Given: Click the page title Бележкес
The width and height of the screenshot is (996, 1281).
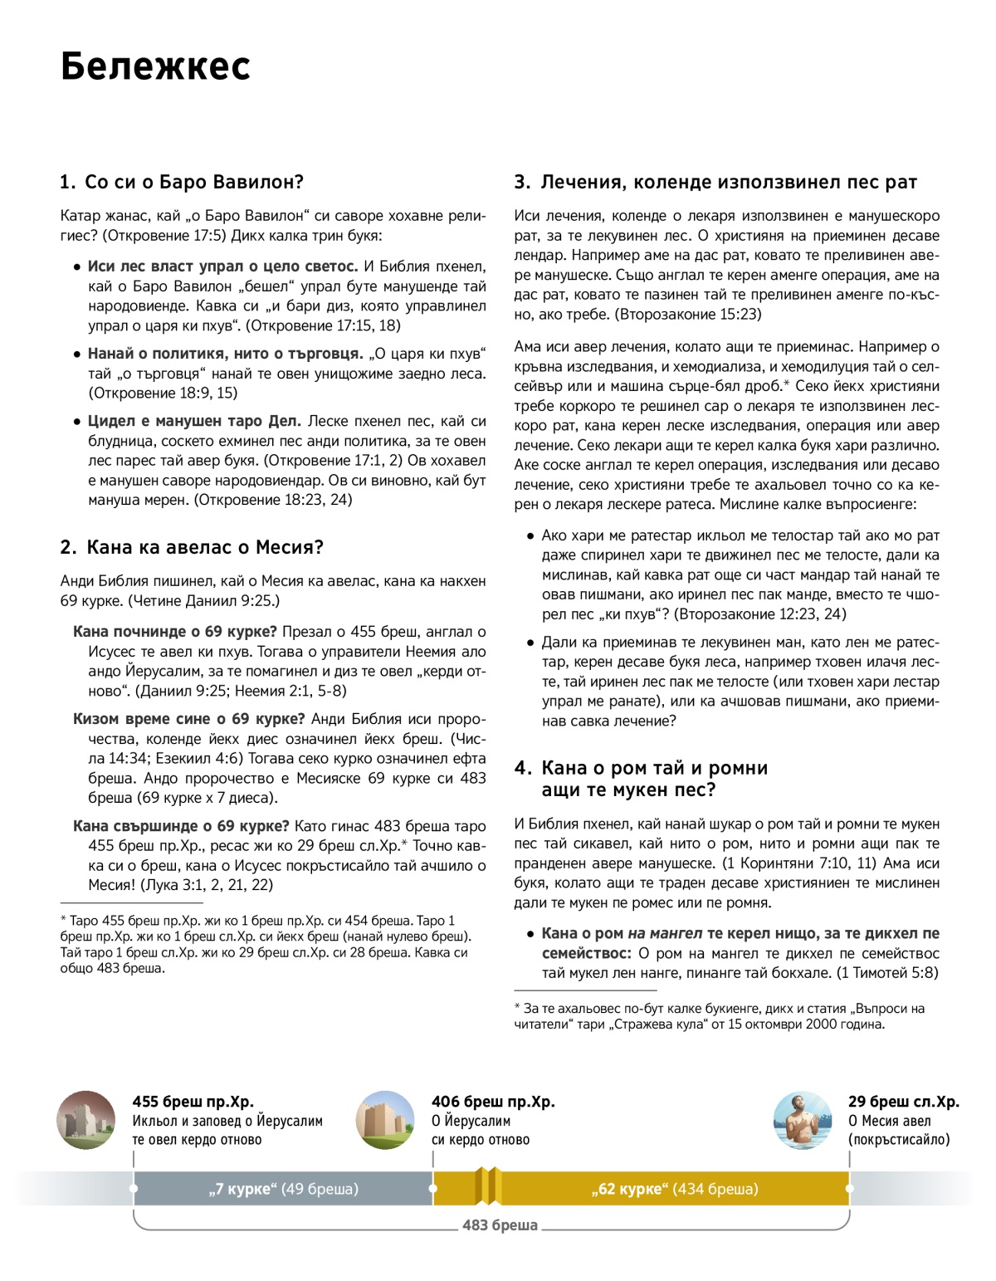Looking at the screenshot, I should point(155,66).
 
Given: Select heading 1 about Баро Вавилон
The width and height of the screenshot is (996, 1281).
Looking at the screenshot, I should point(182,182).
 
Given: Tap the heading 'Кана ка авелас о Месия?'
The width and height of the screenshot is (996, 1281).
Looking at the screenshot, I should point(192,547).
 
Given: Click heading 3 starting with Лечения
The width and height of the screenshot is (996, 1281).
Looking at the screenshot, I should point(715,182).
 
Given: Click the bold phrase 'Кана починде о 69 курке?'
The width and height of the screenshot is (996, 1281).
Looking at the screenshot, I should point(175,632).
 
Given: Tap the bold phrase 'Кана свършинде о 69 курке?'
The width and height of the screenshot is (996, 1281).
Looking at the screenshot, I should point(181,826).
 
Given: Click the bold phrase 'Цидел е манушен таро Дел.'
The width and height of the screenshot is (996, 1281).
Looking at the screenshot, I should point(194,421).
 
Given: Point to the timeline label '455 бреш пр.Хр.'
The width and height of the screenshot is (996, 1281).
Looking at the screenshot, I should point(193,1102).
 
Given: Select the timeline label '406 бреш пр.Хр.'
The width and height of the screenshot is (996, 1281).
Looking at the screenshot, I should point(493,1102).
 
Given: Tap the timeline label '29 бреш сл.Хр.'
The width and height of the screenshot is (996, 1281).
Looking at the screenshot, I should point(903,1102).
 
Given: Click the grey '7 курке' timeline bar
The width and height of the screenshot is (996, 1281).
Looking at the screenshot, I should point(283,1189).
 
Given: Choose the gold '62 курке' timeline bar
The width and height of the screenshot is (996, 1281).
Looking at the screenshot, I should point(674,1189).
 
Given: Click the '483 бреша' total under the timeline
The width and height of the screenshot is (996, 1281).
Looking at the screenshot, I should point(500,1225).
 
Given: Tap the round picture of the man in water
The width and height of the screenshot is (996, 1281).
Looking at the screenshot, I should point(802,1120).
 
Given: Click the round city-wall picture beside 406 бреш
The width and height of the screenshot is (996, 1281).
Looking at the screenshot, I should point(385,1120).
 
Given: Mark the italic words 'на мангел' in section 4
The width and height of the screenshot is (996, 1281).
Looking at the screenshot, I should point(665,933).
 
